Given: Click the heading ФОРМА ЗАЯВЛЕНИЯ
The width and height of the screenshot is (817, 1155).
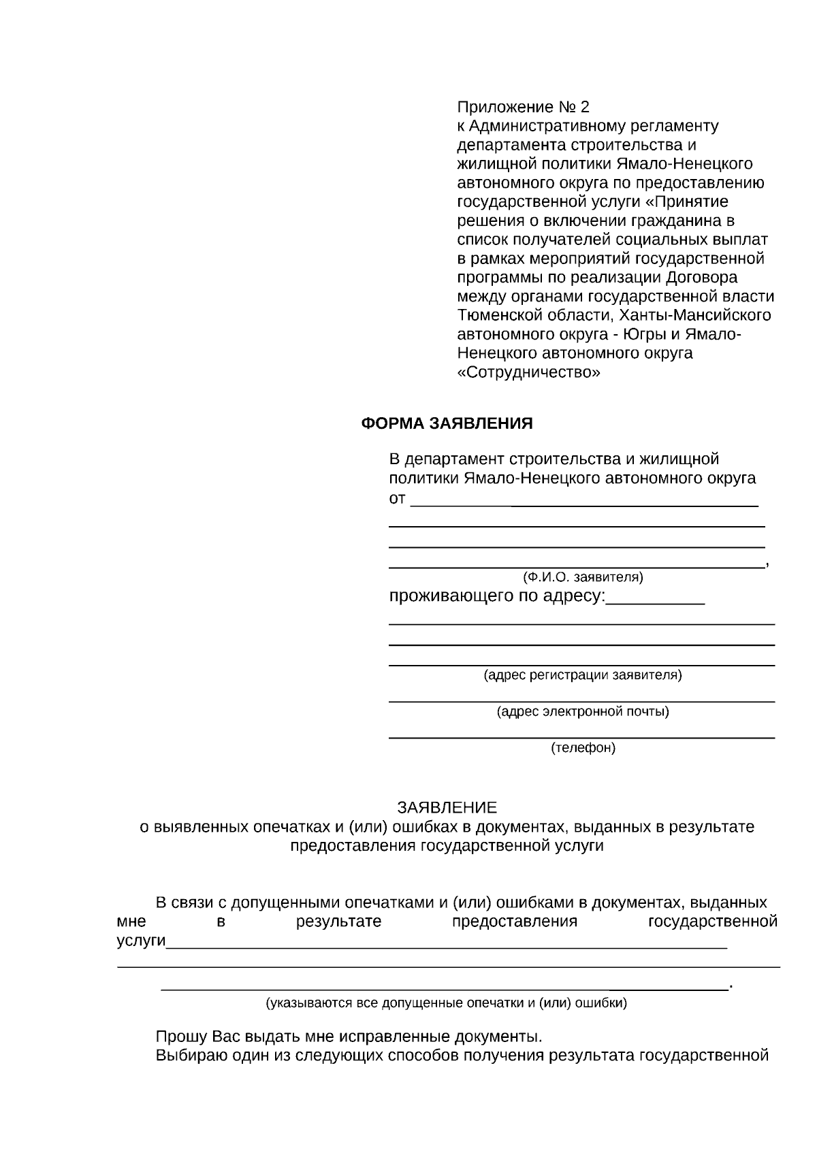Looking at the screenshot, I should click(x=446, y=423).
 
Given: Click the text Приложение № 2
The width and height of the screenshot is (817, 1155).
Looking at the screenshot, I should click(x=523, y=107).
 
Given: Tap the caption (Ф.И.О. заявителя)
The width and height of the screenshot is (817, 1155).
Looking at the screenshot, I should click(x=583, y=577).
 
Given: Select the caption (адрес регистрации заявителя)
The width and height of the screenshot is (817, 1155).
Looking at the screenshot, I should click(x=583, y=675).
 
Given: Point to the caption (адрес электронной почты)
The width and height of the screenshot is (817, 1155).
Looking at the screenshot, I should click(x=583, y=712).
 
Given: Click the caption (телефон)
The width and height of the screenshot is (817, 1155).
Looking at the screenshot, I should click(x=583, y=748).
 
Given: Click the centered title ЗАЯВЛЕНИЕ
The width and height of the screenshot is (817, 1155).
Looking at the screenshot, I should click(x=447, y=808).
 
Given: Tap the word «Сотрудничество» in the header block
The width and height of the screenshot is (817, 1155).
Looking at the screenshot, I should click(x=529, y=372).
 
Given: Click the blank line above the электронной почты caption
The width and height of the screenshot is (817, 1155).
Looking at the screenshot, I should click(x=581, y=700).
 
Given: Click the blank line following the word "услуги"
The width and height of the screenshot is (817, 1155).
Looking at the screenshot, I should click(x=447, y=946).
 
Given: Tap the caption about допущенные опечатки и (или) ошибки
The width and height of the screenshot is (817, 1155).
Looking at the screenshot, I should click(x=447, y=1003).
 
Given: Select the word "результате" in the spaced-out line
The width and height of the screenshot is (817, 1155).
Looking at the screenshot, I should click(x=338, y=922).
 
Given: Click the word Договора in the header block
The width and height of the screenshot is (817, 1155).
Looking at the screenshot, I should click(x=701, y=278).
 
